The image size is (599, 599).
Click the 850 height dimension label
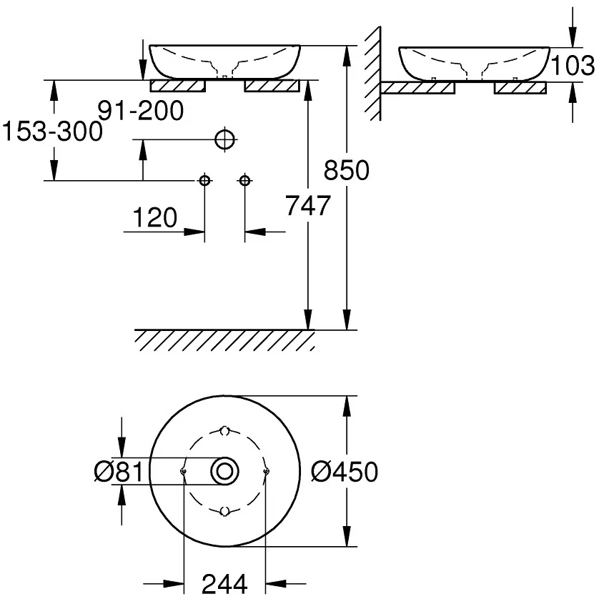point(347,171)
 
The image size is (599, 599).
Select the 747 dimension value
point(308,206)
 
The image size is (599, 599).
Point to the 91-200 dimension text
point(141,110)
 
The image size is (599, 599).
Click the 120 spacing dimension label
point(154,217)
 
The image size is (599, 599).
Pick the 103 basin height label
point(573,66)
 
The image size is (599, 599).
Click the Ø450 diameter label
point(345,471)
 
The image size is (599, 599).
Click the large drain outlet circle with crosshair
point(224,139)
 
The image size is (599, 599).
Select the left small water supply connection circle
point(205,180)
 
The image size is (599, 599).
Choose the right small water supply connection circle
point(244,180)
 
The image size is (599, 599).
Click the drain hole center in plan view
point(224,471)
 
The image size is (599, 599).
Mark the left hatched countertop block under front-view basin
point(178,86)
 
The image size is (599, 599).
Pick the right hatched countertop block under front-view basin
point(272,86)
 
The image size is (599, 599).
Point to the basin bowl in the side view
point(472,63)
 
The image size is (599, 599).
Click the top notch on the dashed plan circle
point(224,431)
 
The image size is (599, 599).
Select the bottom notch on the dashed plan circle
point(224,510)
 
